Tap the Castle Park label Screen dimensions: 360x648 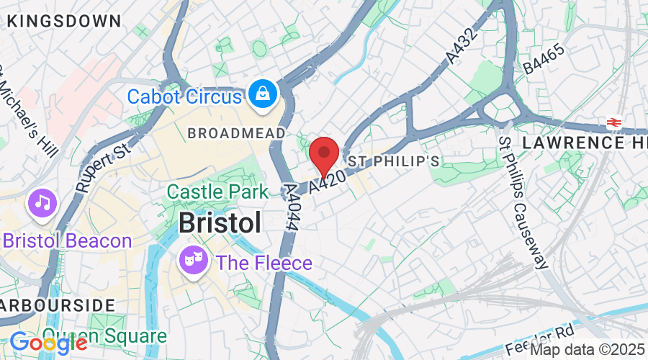pos(214,192)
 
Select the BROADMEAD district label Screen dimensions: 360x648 pos(235,133)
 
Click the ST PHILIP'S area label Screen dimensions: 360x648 pos(394,160)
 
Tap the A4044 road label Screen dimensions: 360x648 pos(294,207)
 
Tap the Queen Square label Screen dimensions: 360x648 pos(104,336)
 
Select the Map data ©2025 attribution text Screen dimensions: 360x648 pos(588,349)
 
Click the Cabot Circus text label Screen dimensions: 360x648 pos(184,95)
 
